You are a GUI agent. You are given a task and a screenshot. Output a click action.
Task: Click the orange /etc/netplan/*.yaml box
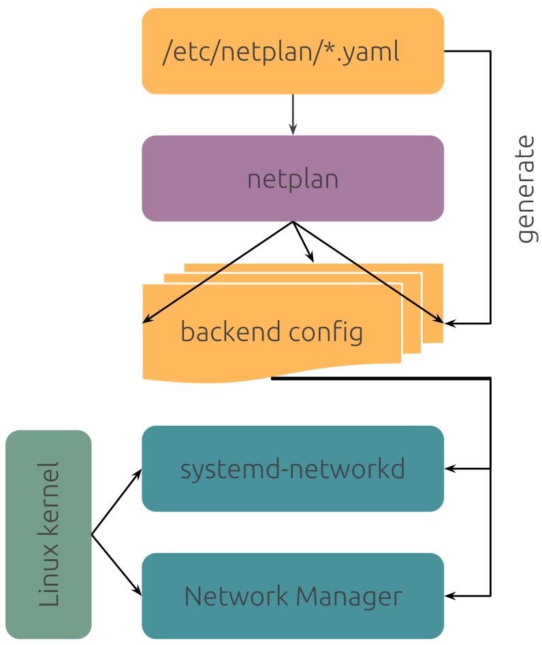click(293, 51)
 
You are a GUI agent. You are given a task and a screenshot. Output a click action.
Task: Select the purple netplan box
click(293, 178)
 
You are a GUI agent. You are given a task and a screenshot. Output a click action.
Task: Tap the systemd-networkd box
click(293, 469)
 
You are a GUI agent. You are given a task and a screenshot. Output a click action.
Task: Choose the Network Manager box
click(293, 596)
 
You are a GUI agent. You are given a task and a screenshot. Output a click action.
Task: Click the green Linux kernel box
click(48, 535)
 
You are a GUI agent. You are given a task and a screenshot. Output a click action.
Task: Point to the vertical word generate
click(526, 189)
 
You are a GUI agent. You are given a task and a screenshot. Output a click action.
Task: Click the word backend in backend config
click(231, 332)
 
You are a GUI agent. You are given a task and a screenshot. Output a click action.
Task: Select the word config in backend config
click(325, 332)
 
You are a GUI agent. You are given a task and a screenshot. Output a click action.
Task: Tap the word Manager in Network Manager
click(349, 597)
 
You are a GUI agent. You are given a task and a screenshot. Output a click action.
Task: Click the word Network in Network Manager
click(236, 596)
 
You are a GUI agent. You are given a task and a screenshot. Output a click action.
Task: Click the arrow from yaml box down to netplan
click(293, 115)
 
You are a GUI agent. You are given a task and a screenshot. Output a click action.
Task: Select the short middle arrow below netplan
click(303, 242)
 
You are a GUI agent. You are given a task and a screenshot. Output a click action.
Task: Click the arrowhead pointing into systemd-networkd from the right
click(450, 469)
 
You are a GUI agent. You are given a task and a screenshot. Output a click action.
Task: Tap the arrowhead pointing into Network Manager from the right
click(450, 596)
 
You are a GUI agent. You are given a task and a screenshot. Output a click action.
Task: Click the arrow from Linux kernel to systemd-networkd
click(116, 501)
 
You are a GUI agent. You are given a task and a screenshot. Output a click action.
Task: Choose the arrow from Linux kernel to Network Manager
click(116, 565)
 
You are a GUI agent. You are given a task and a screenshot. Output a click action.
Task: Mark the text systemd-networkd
click(292, 469)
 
